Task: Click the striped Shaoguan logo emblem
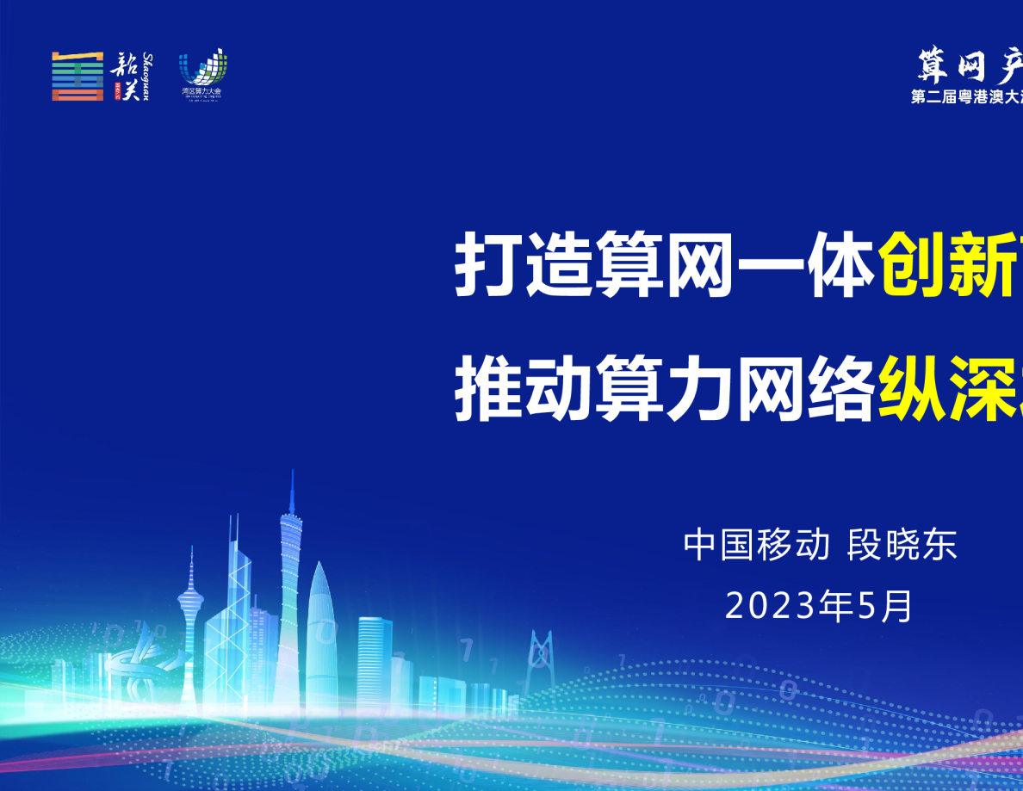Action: pyautogui.click(x=77, y=76)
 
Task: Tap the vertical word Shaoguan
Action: pyautogui.click(x=146, y=76)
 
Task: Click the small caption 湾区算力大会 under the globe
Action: pyautogui.click(x=201, y=90)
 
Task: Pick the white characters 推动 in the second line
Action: pyautogui.click(x=524, y=392)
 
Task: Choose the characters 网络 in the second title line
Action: pyautogui.click(x=805, y=392)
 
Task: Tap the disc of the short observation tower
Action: pyautogui.click(x=190, y=593)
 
